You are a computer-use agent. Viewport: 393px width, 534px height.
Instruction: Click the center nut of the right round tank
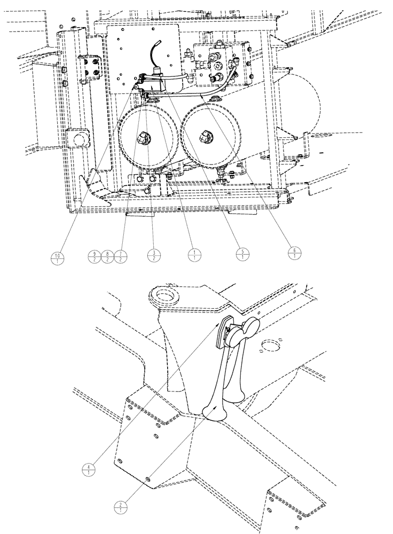pyautogui.click(x=205, y=136)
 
